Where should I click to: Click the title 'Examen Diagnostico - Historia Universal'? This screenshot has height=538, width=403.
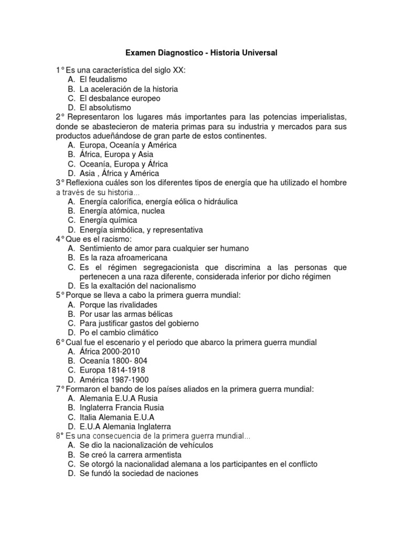[200, 53]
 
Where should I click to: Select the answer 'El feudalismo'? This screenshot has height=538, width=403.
[103, 79]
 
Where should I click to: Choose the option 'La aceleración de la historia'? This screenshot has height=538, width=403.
[129, 89]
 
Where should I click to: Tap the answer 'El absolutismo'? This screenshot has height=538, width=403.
[105, 108]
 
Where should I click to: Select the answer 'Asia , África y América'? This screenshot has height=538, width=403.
[119, 173]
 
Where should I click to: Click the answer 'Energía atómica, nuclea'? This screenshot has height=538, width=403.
[122, 211]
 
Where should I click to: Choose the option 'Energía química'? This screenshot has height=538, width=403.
[108, 220]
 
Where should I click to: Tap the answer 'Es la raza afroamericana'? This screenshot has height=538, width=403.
[123, 257]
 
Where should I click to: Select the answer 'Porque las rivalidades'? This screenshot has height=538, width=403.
[119, 305]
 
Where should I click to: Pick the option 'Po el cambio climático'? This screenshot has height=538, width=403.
[119, 333]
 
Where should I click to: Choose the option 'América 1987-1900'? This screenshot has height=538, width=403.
[114, 379]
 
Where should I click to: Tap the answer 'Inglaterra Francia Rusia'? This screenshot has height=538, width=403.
[122, 408]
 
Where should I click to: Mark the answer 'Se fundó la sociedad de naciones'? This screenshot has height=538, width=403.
[139, 473]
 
